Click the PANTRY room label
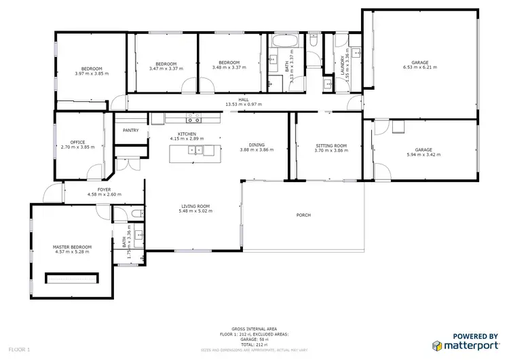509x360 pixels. (131, 130)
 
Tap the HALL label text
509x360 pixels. (243, 99)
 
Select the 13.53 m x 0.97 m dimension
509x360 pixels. (243, 105)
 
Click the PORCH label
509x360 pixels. (303, 215)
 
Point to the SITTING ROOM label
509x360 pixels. (331, 145)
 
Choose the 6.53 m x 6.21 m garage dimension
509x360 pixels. (419, 67)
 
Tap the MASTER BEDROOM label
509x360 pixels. (72, 247)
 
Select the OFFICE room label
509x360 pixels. (78, 142)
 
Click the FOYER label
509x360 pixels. (104, 190)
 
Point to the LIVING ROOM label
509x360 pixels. (195, 206)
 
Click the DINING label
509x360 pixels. (257, 145)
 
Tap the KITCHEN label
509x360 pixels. (187, 134)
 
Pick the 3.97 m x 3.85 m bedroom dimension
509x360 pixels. (92, 73)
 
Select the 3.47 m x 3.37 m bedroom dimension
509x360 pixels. (166, 68)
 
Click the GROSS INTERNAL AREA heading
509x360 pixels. (254, 327)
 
